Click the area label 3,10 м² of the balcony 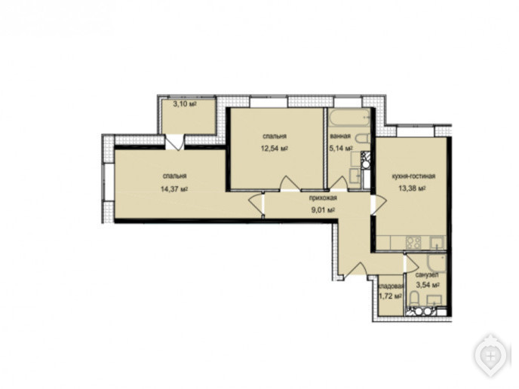(185, 104)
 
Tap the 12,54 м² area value (275, 148)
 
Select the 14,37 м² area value (174, 189)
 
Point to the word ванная (340, 136)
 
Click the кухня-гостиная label (413, 176)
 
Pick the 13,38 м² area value (412, 188)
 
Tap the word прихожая (323, 198)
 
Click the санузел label (427, 274)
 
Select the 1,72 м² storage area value (390, 296)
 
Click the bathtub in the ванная (349, 118)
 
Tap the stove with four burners (413, 243)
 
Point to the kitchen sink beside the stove (438, 243)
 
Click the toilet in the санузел (414, 299)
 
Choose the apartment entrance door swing (354, 268)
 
